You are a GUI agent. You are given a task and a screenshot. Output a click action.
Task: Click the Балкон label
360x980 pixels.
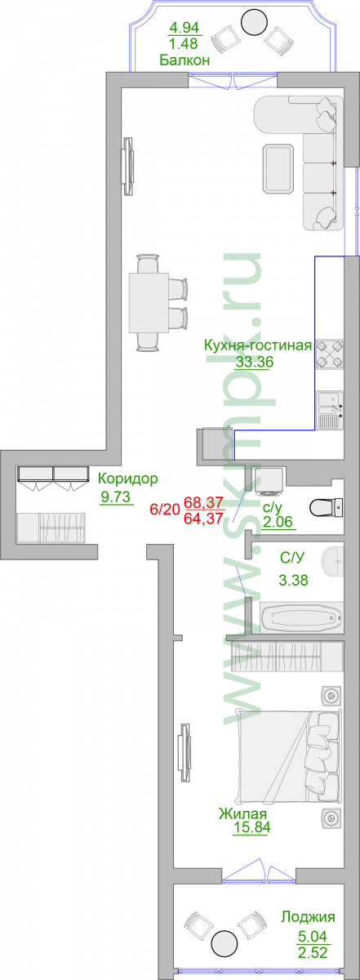click(x=184, y=60)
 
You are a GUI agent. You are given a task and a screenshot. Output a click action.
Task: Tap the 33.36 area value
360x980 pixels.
click(x=255, y=362)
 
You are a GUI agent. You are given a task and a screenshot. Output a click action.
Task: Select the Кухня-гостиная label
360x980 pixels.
click(x=258, y=345)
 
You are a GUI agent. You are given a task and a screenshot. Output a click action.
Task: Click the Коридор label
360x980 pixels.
click(x=127, y=479)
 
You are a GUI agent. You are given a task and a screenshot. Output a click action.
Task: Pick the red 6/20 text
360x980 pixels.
click(x=164, y=510)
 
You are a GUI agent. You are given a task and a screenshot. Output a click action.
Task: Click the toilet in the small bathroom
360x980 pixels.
click(x=327, y=507)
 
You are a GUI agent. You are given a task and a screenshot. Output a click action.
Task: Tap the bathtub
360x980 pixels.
click(x=302, y=617)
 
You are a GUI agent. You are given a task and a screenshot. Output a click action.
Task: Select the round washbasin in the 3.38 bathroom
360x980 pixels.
click(x=333, y=560)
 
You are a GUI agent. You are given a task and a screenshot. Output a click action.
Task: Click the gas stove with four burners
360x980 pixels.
click(x=329, y=354)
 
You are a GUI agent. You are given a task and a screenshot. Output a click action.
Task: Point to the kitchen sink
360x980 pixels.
click(x=330, y=410)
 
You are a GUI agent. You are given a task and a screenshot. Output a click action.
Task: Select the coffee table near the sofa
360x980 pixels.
click(x=278, y=168)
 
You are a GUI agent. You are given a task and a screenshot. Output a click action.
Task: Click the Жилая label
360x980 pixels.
click(x=242, y=813)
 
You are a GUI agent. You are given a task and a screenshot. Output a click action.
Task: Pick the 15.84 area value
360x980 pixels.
click(x=251, y=827)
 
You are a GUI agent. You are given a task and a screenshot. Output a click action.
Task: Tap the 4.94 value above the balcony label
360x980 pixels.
click(x=184, y=28)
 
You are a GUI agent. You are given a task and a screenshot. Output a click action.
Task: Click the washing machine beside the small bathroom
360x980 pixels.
click(x=269, y=481)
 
